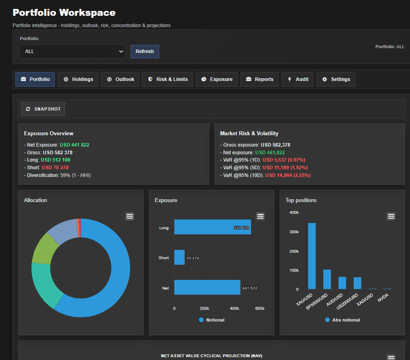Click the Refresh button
tap(144, 51)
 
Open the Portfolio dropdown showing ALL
tap(72, 51)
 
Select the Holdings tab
tap(78, 79)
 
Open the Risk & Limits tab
tap(168, 79)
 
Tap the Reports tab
tap(259, 79)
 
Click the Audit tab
tap(298, 79)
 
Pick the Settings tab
tap(336, 79)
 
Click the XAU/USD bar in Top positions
tap(312, 256)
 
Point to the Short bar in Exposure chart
tap(179, 258)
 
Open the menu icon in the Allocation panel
tap(130, 216)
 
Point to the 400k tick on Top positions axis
tap(293, 213)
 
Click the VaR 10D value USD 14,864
tap(288, 175)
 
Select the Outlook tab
tap(121, 79)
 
